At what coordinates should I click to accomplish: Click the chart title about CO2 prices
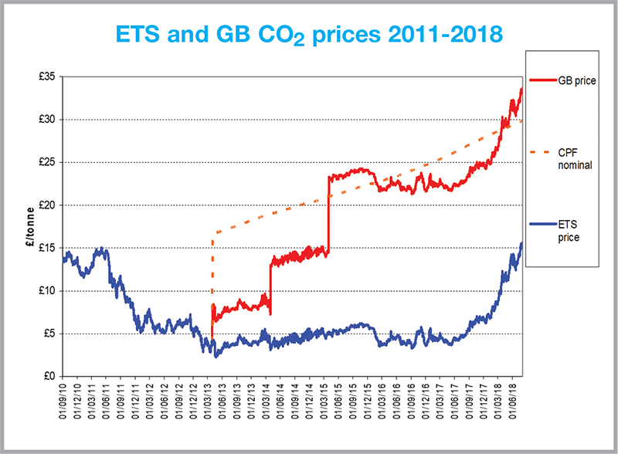[x=308, y=35]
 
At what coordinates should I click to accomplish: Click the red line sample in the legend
[x=544, y=80]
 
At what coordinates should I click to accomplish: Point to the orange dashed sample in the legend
[x=544, y=151]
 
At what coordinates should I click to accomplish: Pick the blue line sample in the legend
[x=544, y=225]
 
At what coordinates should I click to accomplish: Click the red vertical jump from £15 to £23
[x=328, y=212]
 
